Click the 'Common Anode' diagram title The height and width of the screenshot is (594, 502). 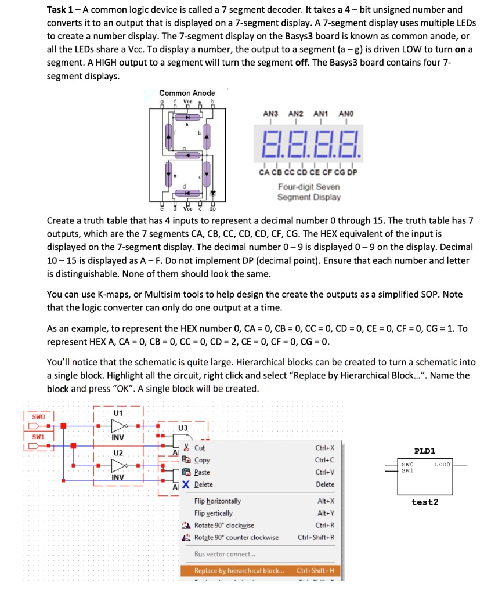[187, 93]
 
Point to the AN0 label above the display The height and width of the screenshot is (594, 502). [348, 114]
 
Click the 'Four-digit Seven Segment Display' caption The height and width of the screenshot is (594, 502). [309, 192]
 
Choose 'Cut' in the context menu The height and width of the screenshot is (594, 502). [199, 448]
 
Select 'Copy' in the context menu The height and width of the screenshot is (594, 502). [202, 460]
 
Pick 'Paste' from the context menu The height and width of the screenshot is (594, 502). [203, 472]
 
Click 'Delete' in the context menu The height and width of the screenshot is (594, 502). [203, 484]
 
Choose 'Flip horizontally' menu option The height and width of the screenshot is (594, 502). [218, 501]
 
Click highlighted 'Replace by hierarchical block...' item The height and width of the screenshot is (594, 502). [239, 571]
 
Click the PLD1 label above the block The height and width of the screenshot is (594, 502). [425, 451]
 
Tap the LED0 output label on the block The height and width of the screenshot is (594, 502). [443, 465]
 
